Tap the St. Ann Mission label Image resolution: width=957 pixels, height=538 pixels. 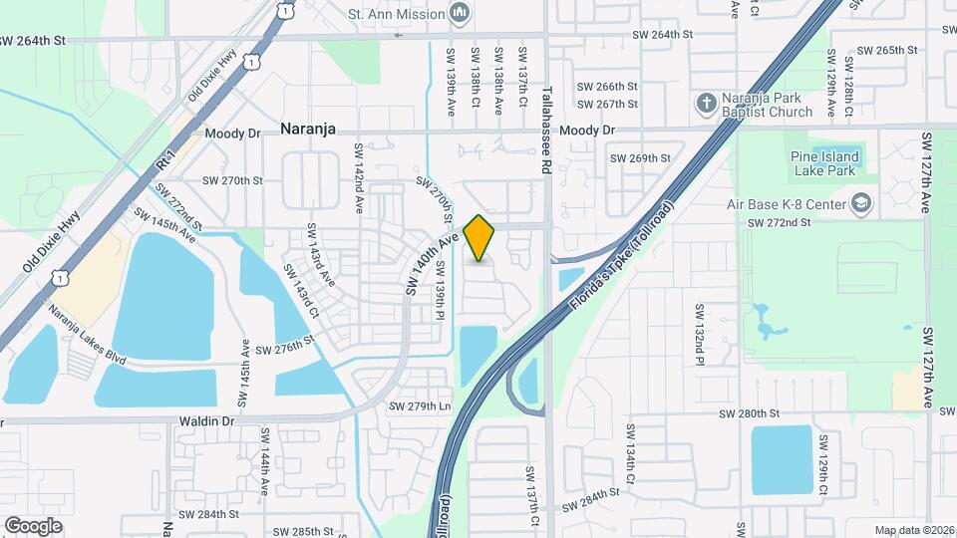coord(396,14)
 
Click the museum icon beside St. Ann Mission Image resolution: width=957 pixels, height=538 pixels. coord(460,13)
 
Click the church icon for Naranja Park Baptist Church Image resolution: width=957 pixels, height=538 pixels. coord(706,104)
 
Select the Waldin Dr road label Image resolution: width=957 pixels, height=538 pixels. coord(207,421)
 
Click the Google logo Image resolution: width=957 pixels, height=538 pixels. coord(33,525)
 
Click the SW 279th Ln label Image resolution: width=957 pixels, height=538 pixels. coord(420,406)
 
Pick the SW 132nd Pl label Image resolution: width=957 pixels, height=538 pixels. coord(700,334)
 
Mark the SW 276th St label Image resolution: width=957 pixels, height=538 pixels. coord(285,350)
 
